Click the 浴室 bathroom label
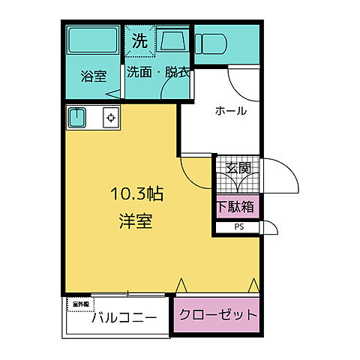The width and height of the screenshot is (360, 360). pos(94,76)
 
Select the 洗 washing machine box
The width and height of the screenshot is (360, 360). pos(139,42)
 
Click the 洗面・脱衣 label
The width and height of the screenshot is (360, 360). pos(157,73)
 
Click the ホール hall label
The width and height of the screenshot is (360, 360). pos(230,111)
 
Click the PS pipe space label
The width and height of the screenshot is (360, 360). pos(239,226)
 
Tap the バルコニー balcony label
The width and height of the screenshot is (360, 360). pos(124,317)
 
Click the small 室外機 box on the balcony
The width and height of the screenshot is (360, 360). pos(79,304)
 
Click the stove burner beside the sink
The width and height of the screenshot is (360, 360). pos(109,117)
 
